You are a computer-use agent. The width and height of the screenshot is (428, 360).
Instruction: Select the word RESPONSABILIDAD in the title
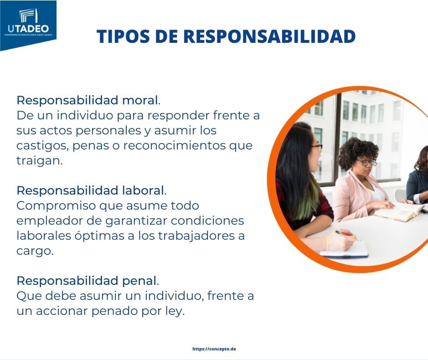click(x=269, y=36)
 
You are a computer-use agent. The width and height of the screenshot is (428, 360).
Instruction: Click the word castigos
click(x=42, y=146)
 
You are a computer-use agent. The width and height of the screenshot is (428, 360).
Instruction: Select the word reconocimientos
click(x=175, y=145)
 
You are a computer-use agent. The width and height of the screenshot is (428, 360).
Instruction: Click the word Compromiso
click(x=56, y=206)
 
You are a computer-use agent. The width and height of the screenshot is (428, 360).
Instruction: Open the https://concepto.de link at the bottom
click(x=214, y=349)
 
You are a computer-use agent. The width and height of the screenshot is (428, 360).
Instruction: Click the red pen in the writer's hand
click(x=344, y=233)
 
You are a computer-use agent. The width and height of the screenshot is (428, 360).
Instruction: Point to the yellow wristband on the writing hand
click(x=327, y=242)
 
